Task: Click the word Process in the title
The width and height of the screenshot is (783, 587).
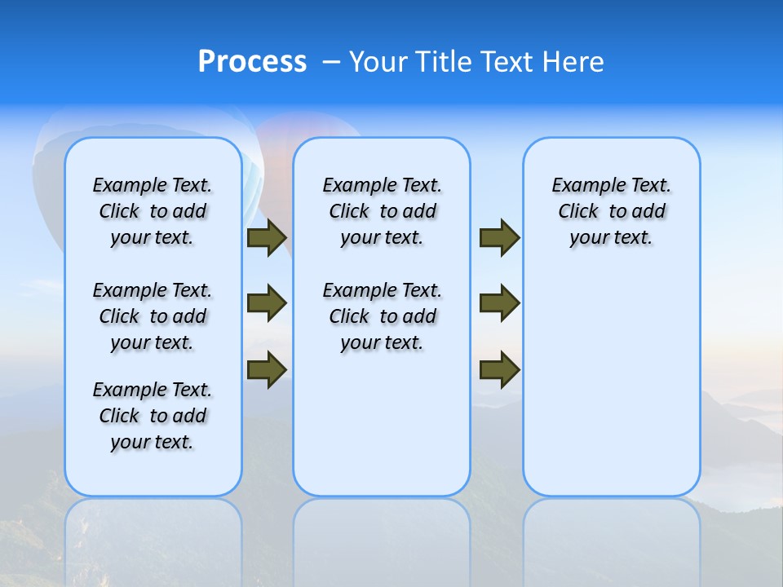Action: [x=252, y=62]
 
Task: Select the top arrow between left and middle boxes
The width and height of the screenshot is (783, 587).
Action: [x=267, y=238]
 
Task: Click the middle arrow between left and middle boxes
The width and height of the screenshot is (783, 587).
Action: [x=267, y=303]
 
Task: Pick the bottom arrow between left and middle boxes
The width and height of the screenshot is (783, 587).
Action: [x=267, y=369]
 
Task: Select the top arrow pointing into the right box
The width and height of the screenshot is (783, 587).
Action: [x=499, y=238]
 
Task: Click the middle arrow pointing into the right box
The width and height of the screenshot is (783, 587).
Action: [x=499, y=303]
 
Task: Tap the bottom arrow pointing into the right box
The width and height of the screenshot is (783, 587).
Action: [x=499, y=369]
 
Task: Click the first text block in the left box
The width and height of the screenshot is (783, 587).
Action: [x=153, y=211]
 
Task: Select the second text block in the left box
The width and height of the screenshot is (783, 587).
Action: [x=153, y=316]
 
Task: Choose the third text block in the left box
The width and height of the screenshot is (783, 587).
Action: [x=153, y=416]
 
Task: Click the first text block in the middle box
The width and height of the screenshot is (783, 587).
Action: [x=382, y=211]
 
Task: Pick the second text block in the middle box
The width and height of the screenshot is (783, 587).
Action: [x=382, y=316]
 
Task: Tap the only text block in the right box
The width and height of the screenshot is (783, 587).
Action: [x=611, y=211]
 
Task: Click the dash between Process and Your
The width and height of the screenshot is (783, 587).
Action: [x=330, y=62]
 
